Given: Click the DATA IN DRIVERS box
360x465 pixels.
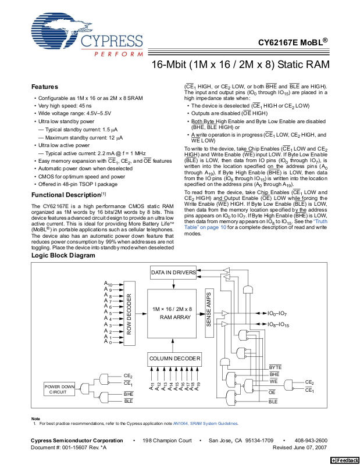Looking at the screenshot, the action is [173, 273].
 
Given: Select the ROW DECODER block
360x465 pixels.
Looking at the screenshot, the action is [129, 314].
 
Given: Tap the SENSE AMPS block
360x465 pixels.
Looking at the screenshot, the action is [209, 313].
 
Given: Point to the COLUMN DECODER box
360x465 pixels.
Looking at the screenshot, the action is [174, 359].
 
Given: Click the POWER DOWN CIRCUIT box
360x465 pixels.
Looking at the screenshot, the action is [59, 389].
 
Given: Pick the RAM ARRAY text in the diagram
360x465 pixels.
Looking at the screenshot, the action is [175, 317].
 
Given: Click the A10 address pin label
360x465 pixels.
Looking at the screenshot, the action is [108, 284].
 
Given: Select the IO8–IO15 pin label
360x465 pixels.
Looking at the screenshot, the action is [278, 324].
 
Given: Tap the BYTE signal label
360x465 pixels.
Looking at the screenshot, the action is [275, 367].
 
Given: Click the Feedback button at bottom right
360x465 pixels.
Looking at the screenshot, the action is [344, 460].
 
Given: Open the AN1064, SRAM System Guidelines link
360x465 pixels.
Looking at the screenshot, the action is [205, 424].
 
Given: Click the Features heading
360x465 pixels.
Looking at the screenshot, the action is [45, 87].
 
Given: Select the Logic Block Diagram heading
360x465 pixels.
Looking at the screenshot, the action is [63, 256].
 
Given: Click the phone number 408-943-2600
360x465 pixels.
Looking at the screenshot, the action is [311, 441].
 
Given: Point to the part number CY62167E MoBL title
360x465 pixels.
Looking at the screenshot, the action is [293, 42].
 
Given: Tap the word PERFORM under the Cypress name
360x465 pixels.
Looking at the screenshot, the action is [119, 54].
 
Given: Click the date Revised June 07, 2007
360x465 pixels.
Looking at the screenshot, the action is [300, 448].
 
